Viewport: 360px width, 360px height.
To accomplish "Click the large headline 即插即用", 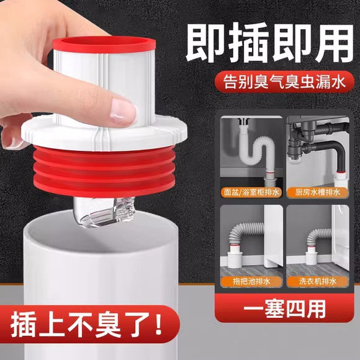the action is pos(269,43).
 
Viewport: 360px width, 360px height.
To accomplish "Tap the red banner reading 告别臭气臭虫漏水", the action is pos(284,82).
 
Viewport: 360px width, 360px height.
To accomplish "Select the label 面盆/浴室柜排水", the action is pos(251,192).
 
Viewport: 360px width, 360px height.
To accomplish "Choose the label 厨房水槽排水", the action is pos(318,192).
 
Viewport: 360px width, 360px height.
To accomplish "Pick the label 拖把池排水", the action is pos(251,281).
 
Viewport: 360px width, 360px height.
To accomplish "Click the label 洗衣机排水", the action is pos(318,281).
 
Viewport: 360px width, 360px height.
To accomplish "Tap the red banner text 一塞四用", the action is pos(284,308).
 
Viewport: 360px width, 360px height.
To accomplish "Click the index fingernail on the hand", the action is pos(123,112).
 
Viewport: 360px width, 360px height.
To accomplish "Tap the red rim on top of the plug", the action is pos(104,44).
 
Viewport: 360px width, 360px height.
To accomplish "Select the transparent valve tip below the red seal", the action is pos(103,212).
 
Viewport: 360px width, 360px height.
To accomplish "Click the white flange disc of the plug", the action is pos(104,133).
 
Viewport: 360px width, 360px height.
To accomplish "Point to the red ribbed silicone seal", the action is pos(104,171).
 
